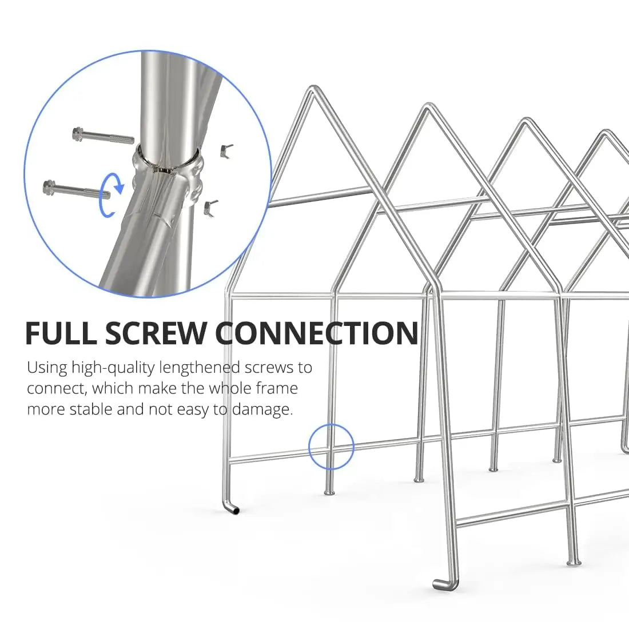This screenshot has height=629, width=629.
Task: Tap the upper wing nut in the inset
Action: tap(225, 150)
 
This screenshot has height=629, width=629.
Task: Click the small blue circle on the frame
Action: tap(332, 447)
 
